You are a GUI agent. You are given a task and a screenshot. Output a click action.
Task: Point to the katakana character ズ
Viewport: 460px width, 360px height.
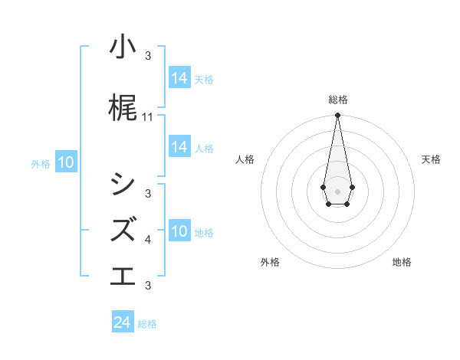click(x=123, y=229)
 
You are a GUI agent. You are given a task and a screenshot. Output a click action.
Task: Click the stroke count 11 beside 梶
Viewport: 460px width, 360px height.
click(x=148, y=117)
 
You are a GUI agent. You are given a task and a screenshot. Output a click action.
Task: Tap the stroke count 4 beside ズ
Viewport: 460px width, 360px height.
click(x=148, y=240)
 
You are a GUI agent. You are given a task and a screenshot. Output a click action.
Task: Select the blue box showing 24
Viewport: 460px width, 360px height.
click(x=123, y=322)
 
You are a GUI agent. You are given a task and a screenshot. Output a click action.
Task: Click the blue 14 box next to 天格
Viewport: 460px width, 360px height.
click(x=179, y=77)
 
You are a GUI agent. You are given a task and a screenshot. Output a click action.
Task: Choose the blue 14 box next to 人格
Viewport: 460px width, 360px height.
click(x=179, y=147)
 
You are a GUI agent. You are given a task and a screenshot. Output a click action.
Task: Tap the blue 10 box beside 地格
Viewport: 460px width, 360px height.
click(x=179, y=231)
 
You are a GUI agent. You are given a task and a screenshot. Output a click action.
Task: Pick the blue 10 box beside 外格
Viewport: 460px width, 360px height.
click(x=65, y=162)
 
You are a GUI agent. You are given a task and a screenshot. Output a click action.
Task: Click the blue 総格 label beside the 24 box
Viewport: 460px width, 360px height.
click(x=147, y=324)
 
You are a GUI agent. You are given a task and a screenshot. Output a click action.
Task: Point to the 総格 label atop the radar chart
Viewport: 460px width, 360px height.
click(x=337, y=100)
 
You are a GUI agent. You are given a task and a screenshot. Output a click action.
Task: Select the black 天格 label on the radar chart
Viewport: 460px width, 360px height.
click(x=431, y=159)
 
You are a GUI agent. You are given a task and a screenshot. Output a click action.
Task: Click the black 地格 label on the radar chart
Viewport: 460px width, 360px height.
click(x=402, y=262)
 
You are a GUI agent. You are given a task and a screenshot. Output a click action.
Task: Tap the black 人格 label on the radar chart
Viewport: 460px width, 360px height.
click(x=245, y=159)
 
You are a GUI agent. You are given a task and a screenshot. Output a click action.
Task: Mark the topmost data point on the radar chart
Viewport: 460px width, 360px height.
click(x=337, y=116)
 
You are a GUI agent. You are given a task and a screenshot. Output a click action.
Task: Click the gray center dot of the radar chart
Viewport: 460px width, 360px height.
click(x=337, y=190)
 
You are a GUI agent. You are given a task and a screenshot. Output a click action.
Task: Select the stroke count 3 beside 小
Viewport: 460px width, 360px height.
click(x=148, y=56)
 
